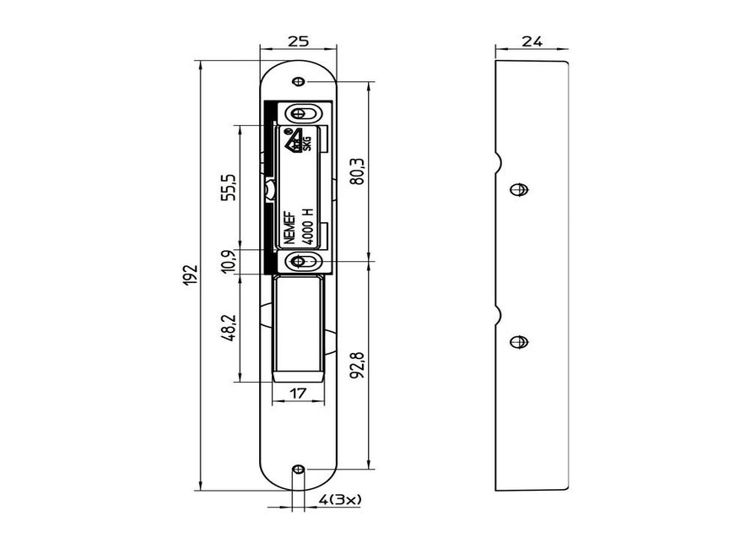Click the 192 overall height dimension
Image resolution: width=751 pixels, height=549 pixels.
coord(190,275)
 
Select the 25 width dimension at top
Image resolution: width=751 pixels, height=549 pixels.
coord(298,41)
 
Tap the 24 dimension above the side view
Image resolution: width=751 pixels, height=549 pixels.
coord(532,41)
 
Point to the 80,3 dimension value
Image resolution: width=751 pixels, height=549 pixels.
coord(358,171)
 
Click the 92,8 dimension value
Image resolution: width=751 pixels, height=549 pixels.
coord(358,365)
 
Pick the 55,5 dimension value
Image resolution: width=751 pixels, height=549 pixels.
coord(229,187)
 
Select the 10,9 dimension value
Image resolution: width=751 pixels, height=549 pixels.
coord(229,261)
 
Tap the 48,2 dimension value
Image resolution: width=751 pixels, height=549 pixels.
coord(229,328)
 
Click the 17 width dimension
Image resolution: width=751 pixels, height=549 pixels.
coord(297,394)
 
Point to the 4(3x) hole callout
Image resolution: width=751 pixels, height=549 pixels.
coord(339,500)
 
